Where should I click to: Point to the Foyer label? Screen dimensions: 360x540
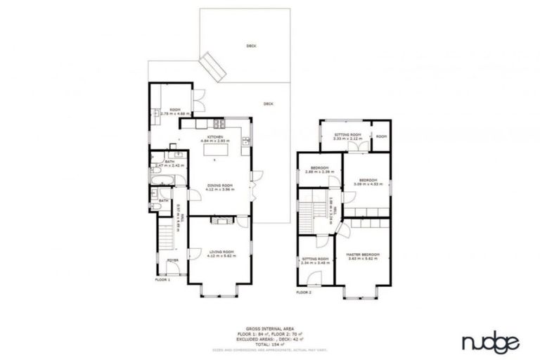pyautogui.click(x=172, y=261)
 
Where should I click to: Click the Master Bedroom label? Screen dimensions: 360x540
pyautogui.click(x=363, y=256)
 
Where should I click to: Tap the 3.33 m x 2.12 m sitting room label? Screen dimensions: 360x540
pyautogui.click(x=347, y=136)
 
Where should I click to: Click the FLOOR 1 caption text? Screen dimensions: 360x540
pyautogui.click(x=163, y=279)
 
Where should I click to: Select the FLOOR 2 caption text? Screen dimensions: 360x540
pyautogui.click(x=304, y=291)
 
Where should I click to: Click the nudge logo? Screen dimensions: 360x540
pyautogui.click(x=490, y=342)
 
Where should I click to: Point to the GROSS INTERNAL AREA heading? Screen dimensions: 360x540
pyautogui.click(x=269, y=328)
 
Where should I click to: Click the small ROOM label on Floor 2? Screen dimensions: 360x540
pyautogui.click(x=380, y=135)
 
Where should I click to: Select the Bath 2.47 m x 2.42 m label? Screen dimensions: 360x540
pyautogui.click(x=169, y=163)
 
